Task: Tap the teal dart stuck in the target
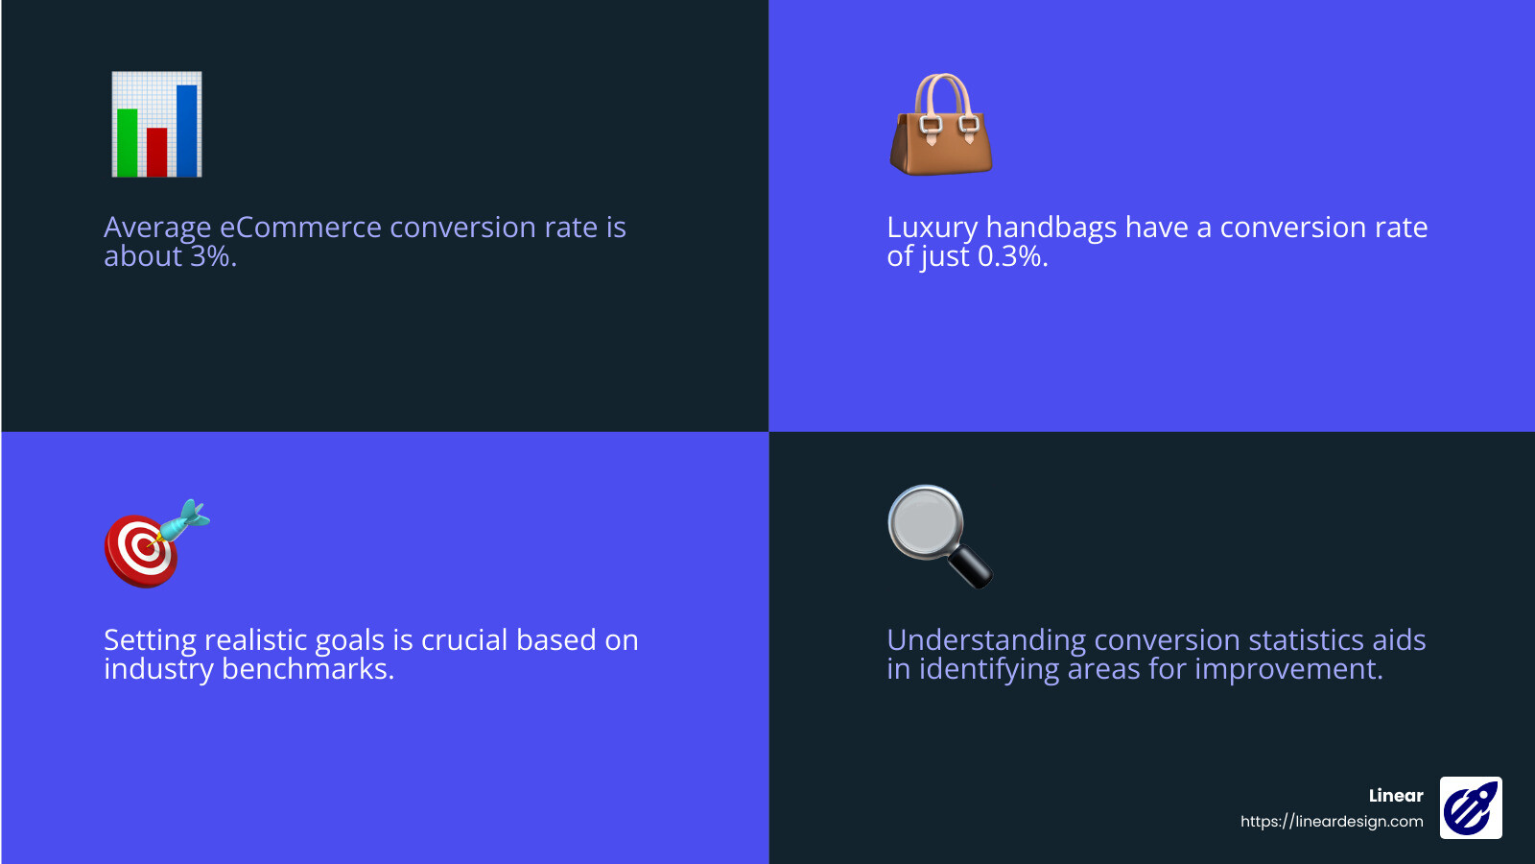point(184,519)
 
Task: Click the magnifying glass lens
point(925,522)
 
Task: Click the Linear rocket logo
point(1471,807)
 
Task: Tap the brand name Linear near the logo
point(1396,795)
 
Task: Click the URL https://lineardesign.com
point(1332,821)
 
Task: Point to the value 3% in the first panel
point(212,256)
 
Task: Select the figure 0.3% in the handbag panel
point(1012,256)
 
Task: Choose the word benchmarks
point(308,669)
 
